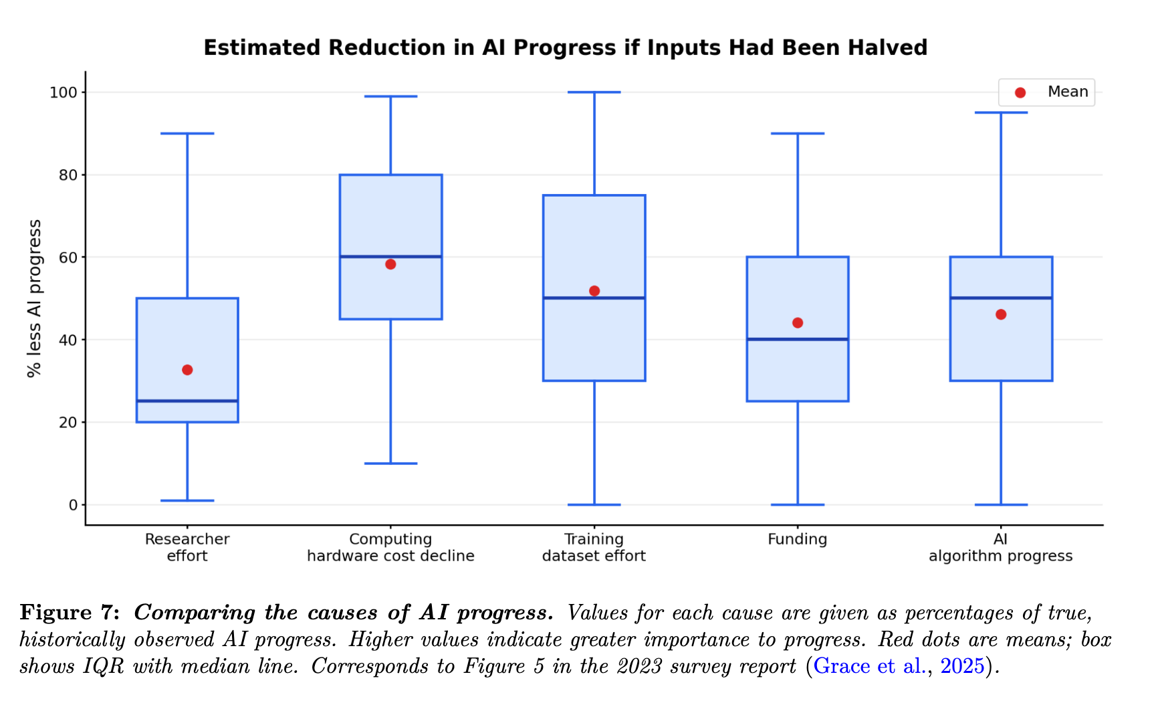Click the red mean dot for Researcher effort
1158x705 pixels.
tap(187, 370)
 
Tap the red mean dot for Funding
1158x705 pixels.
tap(798, 323)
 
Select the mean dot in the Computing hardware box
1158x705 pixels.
tap(390, 264)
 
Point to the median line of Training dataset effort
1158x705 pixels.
tap(594, 298)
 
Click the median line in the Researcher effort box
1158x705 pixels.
tap(187, 401)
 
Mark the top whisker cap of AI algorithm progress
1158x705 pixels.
tap(1001, 112)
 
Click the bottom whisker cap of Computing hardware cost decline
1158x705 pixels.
tap(390, 464)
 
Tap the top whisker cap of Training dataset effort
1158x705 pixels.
tap(594, 92)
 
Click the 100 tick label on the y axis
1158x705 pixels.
tap(64, 92)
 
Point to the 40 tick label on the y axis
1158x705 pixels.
tap(69, 340)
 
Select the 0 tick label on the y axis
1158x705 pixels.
tap(74, 505)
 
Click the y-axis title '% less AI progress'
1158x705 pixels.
tap(34, 298)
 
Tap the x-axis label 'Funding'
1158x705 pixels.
tap(798, 539)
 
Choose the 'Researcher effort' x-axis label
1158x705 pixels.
tap(187, 547)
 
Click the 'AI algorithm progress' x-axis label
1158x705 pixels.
tap(1001, 547)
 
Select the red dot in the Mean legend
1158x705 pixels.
tap(1020, 92)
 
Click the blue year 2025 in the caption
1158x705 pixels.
tap(963, 666)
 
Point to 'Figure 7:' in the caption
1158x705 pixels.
tap(70, 613)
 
